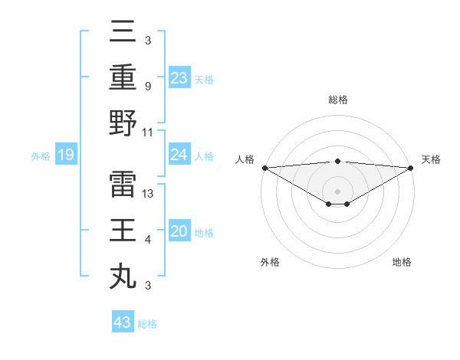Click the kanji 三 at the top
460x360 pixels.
click(123, 31)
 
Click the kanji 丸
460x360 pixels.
click(123, 276)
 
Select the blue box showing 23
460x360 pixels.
click(179, 78)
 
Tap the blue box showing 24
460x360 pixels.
click(179, 155)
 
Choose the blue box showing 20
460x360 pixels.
click(179, 232)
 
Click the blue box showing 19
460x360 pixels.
click(66, 155)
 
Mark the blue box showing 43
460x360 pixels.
click(122, 322)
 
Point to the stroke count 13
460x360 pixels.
click(149, 193)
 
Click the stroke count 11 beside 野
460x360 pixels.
click(148, 132)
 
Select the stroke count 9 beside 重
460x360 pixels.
click(147, 86)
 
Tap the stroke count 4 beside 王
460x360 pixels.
click(147, 240)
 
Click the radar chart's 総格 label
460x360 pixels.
click(337, 100)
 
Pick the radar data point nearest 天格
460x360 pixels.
click(411, 168)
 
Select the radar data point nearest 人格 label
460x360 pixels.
click(264, 168)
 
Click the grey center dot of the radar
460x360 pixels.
click(337, 191)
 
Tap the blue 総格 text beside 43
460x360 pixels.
click(147, 324)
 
